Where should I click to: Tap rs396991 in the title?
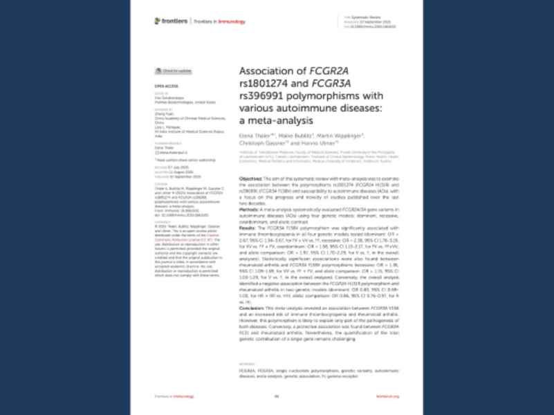point(265,95)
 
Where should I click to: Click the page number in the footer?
point(277,396)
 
